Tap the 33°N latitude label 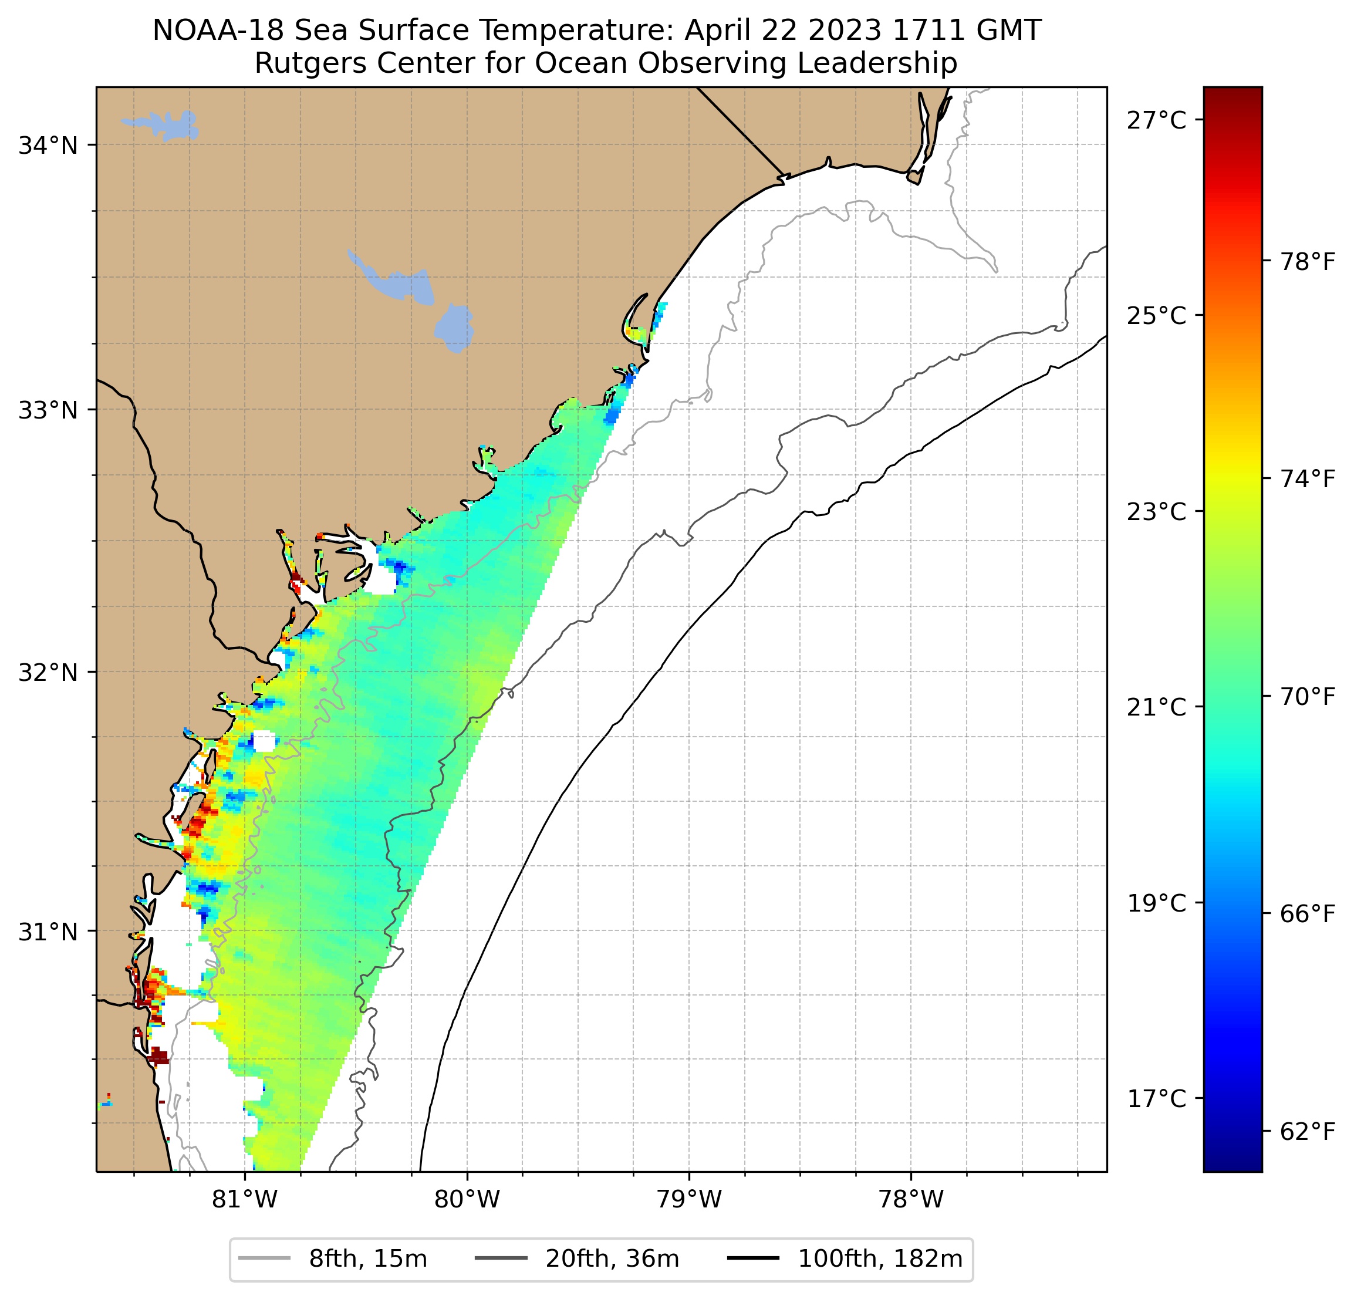pos(48,410)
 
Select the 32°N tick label pos(48,672)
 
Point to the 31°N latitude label pos(48,932)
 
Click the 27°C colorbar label pos(1157,120)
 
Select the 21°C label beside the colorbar pos(1157,707)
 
